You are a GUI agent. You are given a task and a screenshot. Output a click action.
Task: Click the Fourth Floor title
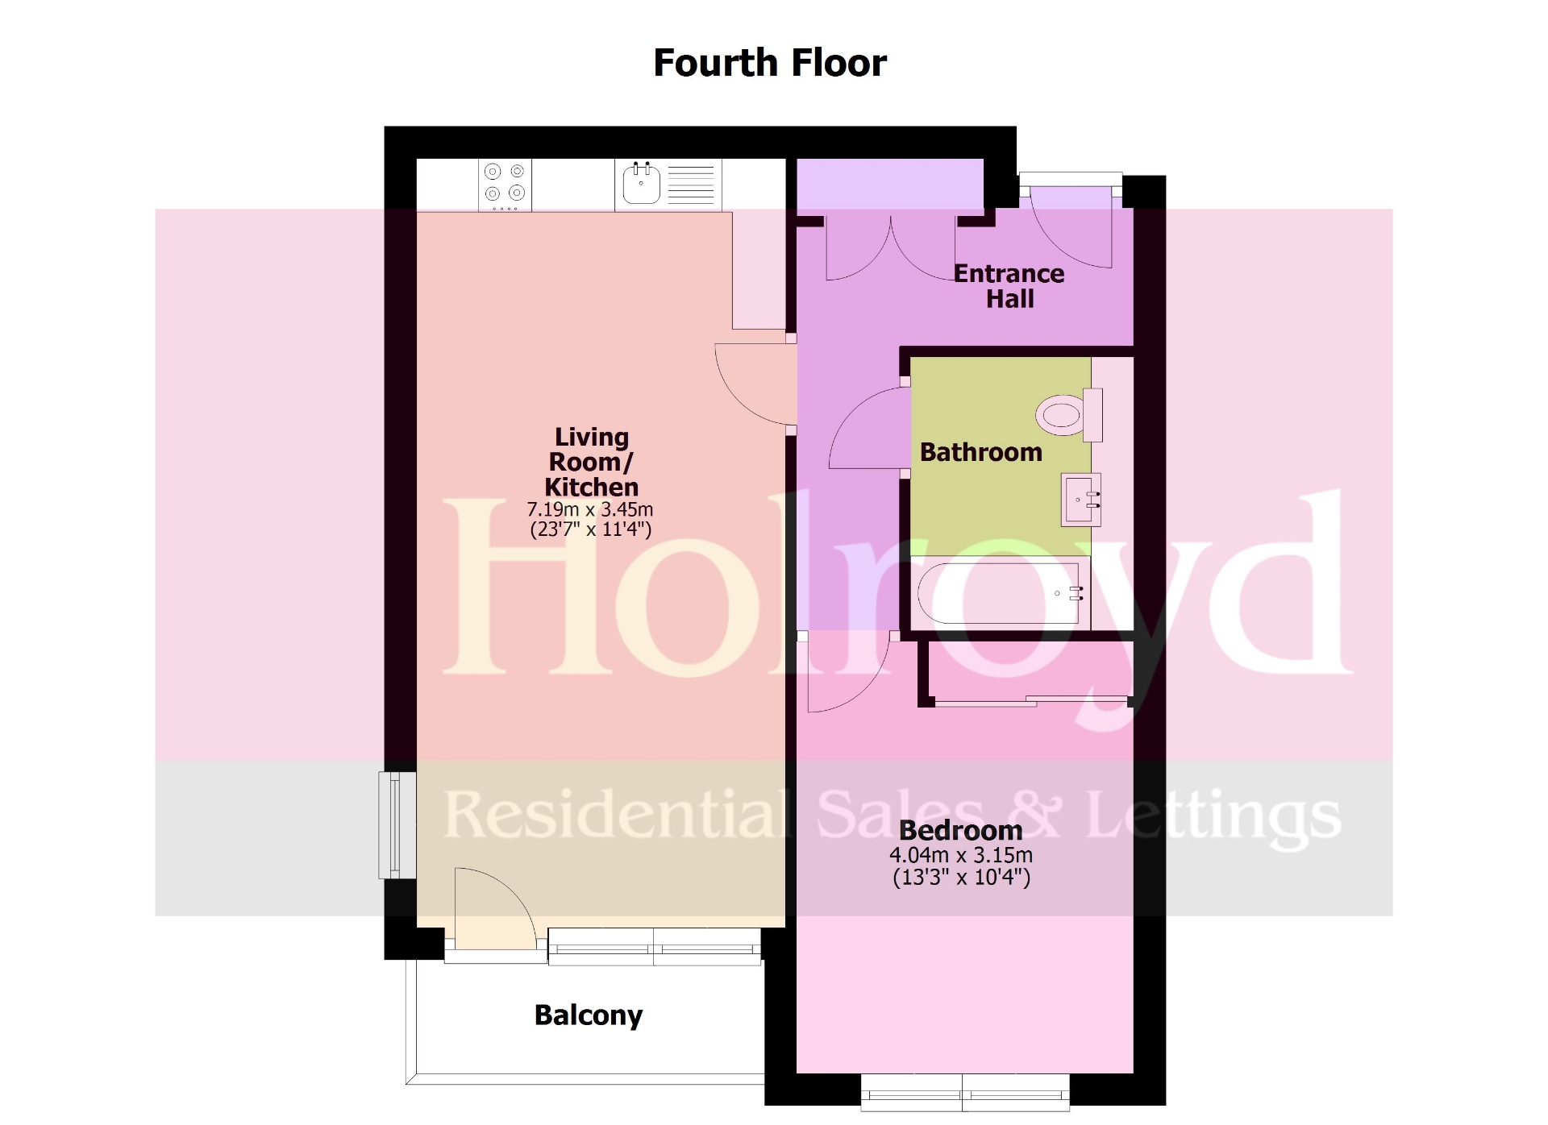[769, 63]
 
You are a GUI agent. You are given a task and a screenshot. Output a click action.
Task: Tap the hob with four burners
[505, 185]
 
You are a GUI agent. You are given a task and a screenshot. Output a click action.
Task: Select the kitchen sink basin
[641, 185]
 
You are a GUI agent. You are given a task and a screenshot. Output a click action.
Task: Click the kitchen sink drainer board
[691, 185]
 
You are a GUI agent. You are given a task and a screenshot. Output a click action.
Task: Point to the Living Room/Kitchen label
[591, 462]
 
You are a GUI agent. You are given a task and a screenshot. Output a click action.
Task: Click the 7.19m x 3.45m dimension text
[589, 509]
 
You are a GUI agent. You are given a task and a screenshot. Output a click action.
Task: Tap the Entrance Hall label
[1009, 286]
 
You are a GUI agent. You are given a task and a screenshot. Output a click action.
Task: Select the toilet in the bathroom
[1064, 415]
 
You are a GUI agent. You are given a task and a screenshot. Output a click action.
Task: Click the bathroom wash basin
[1080, 500]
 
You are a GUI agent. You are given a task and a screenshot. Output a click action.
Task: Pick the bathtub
[1000, 593]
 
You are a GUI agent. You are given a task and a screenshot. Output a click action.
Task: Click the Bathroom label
[980, 452]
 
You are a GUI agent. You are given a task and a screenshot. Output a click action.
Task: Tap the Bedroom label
[960, 830]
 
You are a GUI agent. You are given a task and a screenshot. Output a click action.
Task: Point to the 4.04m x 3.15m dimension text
[960, 855]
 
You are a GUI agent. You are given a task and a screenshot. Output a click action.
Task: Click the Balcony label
[588, 1015]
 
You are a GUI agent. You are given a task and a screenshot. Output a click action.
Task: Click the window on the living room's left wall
[396, 824]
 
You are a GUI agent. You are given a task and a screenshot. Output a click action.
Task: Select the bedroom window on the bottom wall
[965, 1093]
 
